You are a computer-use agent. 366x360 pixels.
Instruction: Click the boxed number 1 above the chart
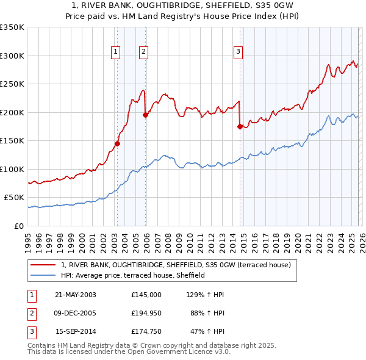[115, 52]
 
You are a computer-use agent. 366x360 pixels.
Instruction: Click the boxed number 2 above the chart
[143, 52]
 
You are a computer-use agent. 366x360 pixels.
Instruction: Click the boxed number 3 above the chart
[238, 52]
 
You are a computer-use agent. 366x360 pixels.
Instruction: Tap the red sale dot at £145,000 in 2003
[118, 144]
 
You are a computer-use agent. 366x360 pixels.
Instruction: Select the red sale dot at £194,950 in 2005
[146, 115]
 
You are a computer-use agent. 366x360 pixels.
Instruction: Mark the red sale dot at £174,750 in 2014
[240, 127]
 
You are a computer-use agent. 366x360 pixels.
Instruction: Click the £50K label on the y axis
[14, 198]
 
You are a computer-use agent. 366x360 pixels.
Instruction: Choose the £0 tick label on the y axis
[18, 226]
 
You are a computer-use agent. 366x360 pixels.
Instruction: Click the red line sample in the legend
[44, 265]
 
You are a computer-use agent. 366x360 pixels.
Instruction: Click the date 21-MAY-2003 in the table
[76, 295]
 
